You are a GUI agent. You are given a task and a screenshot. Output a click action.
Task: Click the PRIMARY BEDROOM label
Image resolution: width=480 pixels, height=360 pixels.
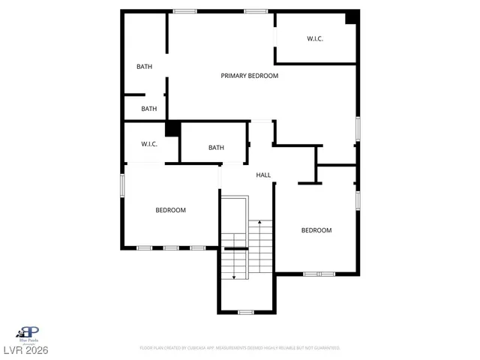pyautogui.click(x=249, y=76)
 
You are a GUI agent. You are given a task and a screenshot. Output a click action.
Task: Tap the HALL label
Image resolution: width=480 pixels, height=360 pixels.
pyautogui.click(x=263, y=175)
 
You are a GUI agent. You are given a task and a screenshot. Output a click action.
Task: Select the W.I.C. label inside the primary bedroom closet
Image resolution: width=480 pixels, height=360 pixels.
pyautogui.click(x=314, y=38)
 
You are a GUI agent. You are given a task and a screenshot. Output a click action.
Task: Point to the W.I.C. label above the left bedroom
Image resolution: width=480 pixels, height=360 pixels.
pyautogui.click(x=149, y=143)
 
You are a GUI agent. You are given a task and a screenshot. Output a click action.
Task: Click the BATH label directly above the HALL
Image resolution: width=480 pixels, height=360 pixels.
pyautogui.click(x=216, y=148)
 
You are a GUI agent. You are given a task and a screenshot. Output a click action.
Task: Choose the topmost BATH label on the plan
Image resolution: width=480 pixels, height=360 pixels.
pyautogui.click(x=144, y=67)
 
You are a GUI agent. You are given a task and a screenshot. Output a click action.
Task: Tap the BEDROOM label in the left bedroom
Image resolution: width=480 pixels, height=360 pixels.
pyautogui.click(x=170, y=210)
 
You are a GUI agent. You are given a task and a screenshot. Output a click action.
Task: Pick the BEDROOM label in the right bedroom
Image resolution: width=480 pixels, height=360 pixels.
pyautogui.click(x=316, y=230)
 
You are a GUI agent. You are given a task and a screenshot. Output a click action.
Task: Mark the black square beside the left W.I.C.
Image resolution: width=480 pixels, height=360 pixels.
pyautogui.click(x=172, y=129)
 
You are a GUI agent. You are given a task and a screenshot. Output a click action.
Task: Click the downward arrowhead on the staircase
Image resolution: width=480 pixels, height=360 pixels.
pyautogui.click(x=233, y=277)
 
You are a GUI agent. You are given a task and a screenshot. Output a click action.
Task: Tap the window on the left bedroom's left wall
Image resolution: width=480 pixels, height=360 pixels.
pyautogui.click(x=123, y=186)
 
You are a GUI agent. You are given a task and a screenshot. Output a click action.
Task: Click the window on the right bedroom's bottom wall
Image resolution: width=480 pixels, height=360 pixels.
pyautogui.click(x=319, y=274)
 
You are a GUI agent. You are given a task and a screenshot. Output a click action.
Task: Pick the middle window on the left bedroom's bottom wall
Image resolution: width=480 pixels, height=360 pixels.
pyautogui.click(x=171, y=247)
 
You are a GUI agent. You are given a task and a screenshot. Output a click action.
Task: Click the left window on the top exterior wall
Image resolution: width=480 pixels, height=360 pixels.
pyautogui.click(x=184, y=11)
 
